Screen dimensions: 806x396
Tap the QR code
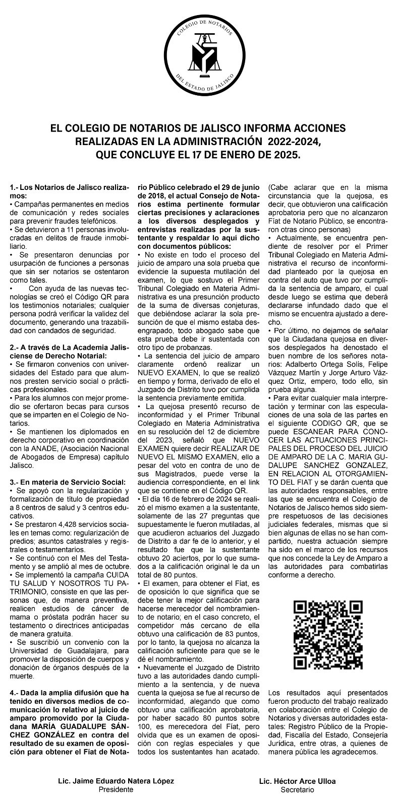328,634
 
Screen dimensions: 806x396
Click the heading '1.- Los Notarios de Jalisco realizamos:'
69,191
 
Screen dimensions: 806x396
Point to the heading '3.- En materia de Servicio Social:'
67,483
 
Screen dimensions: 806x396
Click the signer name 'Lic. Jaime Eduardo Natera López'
116,781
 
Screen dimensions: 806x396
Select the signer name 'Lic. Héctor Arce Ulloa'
297,781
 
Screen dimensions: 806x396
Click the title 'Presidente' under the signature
116,789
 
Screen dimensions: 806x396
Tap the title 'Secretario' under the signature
297,789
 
